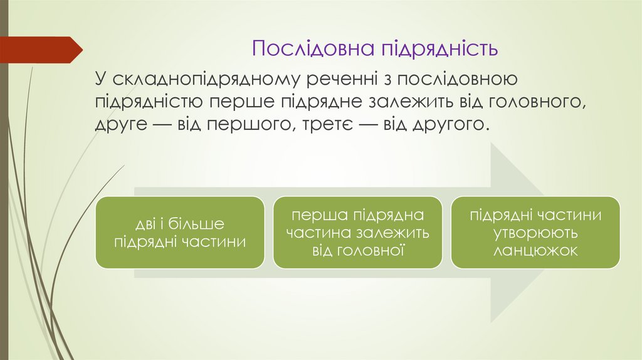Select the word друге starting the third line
122,123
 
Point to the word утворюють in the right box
535,233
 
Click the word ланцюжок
535,250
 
